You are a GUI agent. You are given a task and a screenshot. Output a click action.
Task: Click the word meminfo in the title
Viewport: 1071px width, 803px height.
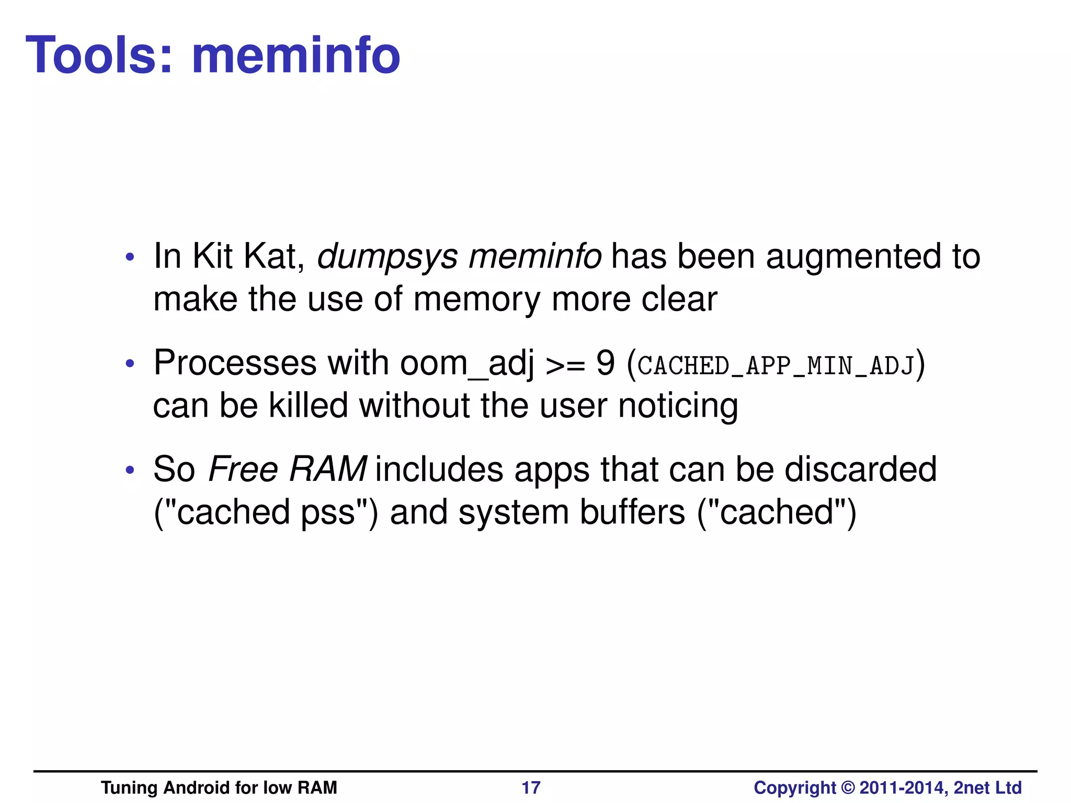295,55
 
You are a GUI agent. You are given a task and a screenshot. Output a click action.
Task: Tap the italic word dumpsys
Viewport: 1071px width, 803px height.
388,257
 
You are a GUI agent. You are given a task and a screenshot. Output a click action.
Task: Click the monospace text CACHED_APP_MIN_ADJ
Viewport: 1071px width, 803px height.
776,365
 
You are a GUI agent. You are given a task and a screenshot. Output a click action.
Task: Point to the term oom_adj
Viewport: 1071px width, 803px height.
466,363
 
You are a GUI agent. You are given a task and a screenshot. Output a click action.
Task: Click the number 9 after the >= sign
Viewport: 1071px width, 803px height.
605,363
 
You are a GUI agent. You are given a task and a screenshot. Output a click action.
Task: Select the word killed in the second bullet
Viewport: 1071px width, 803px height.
308,405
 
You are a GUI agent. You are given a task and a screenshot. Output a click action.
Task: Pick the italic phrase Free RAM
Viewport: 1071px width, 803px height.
287,469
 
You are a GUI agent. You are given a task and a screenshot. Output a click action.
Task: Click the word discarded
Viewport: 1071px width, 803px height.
860,469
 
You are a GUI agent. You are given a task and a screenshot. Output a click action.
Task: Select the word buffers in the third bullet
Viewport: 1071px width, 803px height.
632,512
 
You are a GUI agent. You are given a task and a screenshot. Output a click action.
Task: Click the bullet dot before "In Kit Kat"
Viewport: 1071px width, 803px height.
130,258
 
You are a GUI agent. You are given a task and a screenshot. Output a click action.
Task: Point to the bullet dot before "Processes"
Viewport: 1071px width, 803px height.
130,364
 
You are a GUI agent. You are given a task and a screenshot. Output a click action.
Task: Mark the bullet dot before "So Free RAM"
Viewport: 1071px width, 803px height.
130,470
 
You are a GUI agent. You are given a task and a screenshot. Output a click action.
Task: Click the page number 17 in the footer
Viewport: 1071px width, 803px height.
531,787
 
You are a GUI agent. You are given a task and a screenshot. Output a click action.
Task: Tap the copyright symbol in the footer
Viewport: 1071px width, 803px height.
848,787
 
